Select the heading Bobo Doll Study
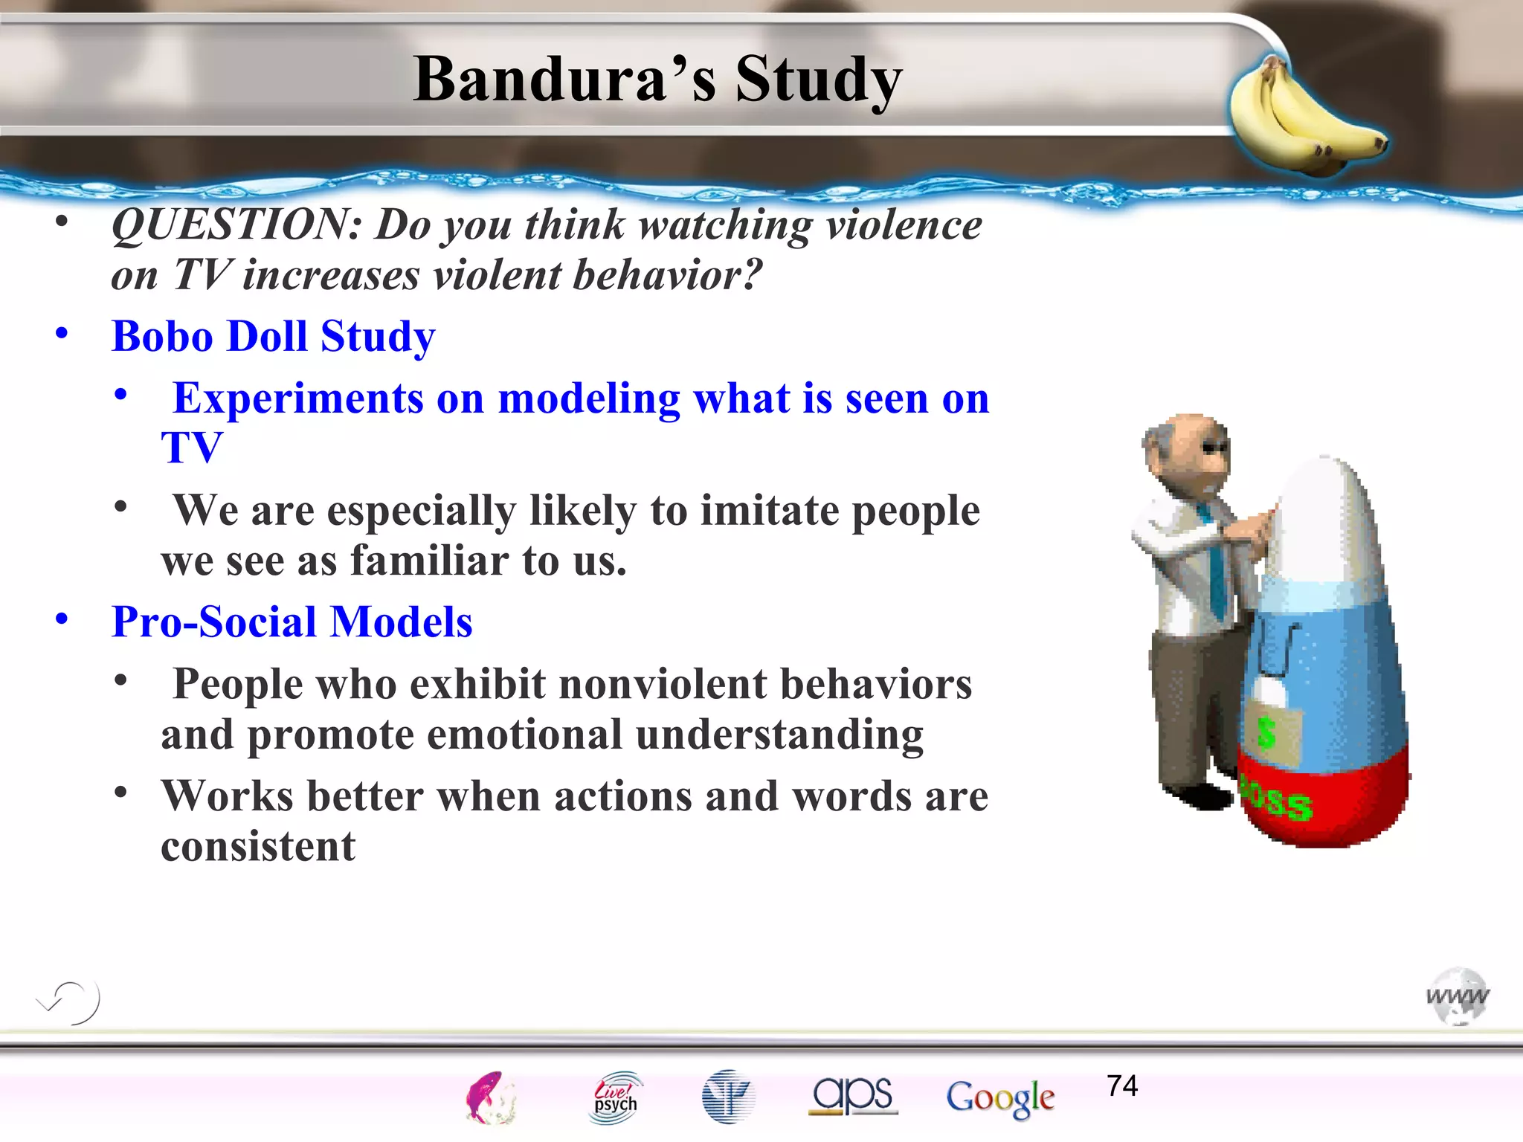tap(273, 336)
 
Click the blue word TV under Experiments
tap(192, 448)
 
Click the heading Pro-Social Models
tap(292, 622)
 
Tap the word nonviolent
tap(663, 684)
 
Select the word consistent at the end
tap(258, 846)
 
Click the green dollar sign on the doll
tap(1267, 733)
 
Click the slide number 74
tap(1121, 1086)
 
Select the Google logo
tap(1000, 1097)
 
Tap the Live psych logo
tap(616, 1097)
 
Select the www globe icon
tap(1458, 996)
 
